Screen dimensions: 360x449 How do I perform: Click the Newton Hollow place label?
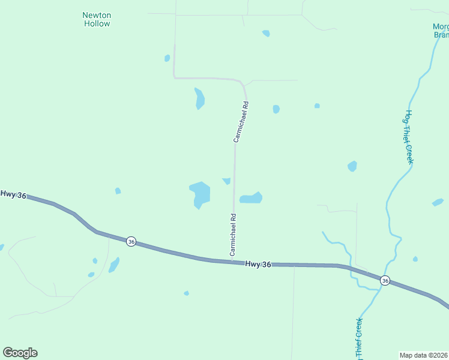click(x=96, y=19)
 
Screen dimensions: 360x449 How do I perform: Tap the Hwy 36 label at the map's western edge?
click(x=13, y=194)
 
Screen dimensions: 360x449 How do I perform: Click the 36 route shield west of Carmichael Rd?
click(x=131, y=241)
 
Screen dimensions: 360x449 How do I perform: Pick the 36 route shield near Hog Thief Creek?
click(x=385, y=280)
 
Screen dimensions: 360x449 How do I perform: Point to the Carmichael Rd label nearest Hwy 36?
click(x=233, y=235)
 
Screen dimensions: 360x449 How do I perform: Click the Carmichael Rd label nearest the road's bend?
click(x=241, y=122)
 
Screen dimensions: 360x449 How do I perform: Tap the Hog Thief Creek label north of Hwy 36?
click(x=409, y=137)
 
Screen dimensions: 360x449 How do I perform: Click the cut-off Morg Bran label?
click(x=441, y=30)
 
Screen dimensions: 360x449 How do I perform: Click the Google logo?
click(x=20, y=353)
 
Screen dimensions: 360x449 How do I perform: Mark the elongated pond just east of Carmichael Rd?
click(x=251, y=198)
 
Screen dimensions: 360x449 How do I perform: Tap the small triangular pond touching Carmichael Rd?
click(x=226, y=181)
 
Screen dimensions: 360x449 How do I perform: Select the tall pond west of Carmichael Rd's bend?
click(x=199, y=98)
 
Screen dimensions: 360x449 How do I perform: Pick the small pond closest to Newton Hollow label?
click(x=167, y=58)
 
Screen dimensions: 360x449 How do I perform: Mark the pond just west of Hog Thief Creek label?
click(x=352, y=166)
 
